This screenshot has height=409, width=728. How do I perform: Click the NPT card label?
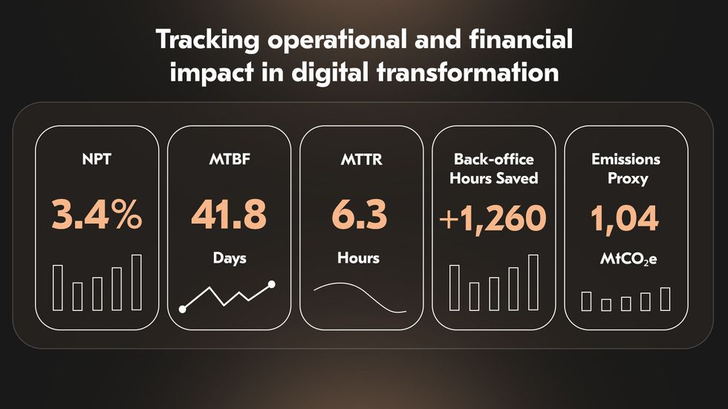pos(97,159)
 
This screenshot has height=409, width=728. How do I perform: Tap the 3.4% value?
pos(97,215)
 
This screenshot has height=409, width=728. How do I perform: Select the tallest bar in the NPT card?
pos(137,282)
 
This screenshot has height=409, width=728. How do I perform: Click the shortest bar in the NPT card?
pos(77,296)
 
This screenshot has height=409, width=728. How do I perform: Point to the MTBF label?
pos(230,159)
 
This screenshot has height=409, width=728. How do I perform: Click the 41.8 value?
pos(229,215)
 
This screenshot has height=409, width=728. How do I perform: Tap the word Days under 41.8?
pos(230,258)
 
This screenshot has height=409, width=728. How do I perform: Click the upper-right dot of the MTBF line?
pos(272,284)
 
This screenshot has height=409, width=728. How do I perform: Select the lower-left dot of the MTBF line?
pos(183,310)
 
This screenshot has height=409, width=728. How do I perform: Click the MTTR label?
pos(361,159)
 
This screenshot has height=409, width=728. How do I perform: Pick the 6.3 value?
pos(360,215)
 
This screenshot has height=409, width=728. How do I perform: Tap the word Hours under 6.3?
pos(358,258)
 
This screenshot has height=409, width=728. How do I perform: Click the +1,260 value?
pos(493,218)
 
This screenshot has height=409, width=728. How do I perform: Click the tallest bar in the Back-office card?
pos(533,282)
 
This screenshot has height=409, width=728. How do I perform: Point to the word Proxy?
pos(628,179)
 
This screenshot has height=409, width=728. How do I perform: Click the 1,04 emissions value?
pos(625,218)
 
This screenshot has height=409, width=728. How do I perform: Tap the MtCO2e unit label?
pos(628,259)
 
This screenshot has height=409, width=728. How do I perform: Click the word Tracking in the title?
pos(207,39)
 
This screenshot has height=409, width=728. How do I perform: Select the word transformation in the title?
pos(468,72)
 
